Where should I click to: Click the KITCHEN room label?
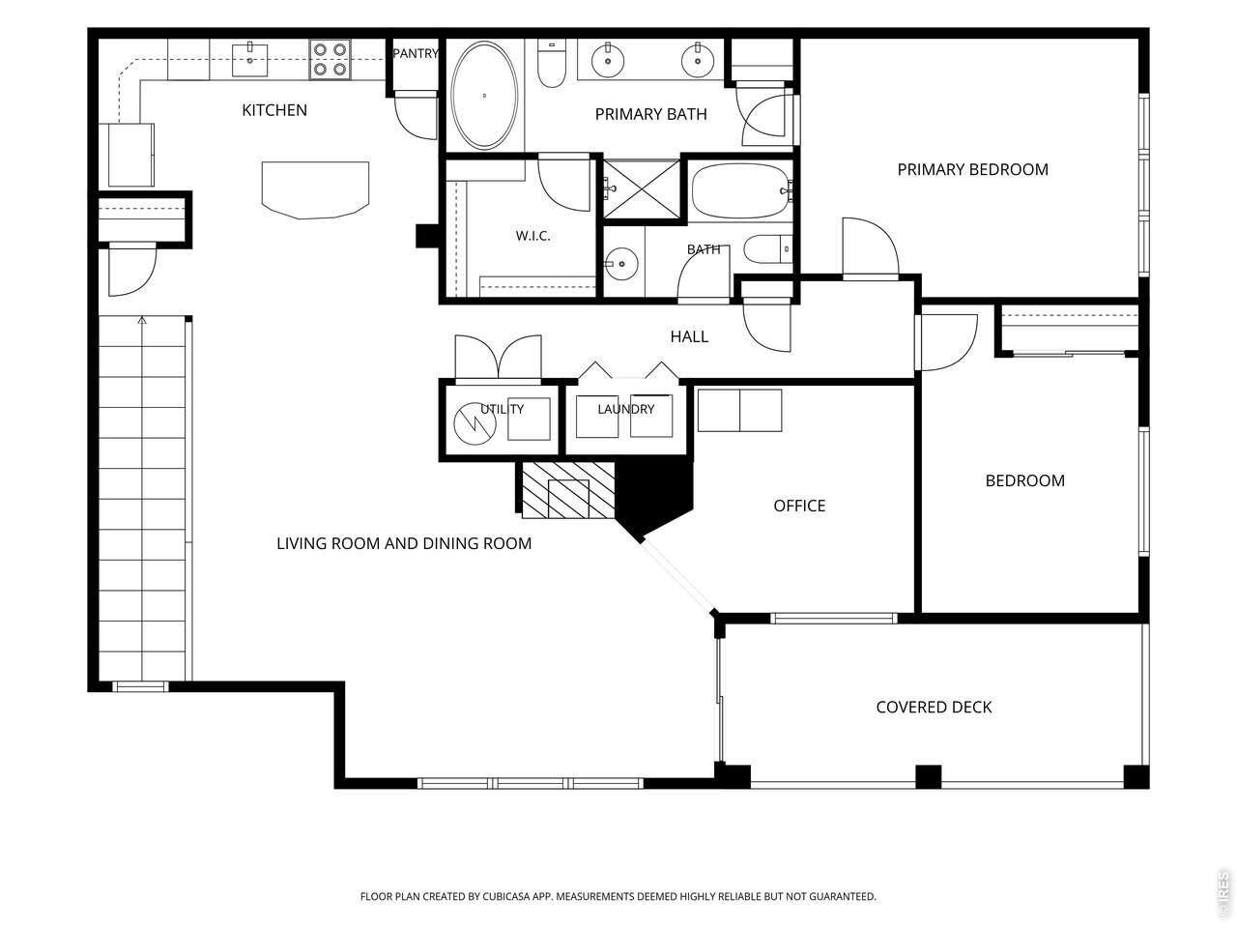click(274, 110)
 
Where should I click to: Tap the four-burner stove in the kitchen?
click(330, 59)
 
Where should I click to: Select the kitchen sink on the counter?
click(249, 60)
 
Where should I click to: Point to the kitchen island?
click(315, 189)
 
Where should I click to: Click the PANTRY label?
click(416, 53)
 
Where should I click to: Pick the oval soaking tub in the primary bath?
click(484, 96)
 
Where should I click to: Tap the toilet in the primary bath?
click(551, 63)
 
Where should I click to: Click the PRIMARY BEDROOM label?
click(973, 169)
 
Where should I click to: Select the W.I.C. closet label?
click(532, 236)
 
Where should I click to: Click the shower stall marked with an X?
click(642, 189)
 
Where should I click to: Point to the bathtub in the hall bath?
click(741, 191)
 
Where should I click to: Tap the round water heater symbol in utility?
click(475, 423)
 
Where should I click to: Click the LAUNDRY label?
click(625, 409)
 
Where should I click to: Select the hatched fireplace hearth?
click(568, 490)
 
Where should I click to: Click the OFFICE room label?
click(799, 506)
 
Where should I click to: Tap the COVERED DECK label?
click(934, 708)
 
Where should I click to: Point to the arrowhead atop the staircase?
click(142, 320)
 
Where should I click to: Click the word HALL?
click(689, 337)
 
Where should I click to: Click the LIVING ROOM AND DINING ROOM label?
click(404, 543)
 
